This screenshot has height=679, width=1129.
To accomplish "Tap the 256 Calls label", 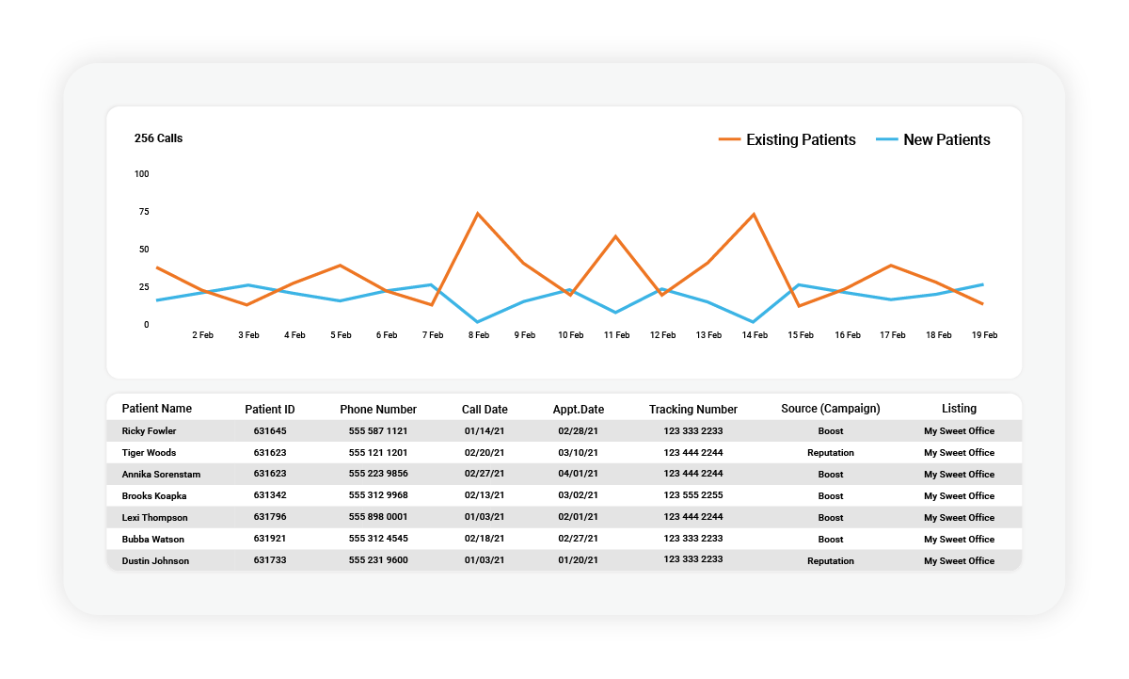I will [158, 138].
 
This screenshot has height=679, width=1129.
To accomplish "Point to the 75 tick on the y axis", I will [143, 212].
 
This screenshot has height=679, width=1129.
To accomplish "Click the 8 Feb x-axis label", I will [478, 335].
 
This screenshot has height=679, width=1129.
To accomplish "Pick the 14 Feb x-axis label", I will [754, 335].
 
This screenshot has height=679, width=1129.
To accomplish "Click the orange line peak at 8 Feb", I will [478, 214].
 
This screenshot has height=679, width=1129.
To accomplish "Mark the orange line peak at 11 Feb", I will [615, 236].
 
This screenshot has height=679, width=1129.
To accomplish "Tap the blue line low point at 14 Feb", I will [753, 322].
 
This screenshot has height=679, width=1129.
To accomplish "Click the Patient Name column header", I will [156, 409].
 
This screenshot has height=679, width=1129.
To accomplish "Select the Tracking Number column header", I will [692, 410].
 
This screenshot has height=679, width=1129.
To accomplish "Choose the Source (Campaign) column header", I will [830, 409].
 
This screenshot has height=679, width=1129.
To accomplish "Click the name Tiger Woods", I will [149, 453].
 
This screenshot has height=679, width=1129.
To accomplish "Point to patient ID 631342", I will [270, 496].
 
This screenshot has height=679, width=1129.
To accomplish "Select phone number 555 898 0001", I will [378, 518].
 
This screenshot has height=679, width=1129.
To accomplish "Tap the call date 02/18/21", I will [485, 540].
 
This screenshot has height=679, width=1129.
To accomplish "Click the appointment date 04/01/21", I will [578, 475].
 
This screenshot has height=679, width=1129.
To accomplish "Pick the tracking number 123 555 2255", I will [693, 496].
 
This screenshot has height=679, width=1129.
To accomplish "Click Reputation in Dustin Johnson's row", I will [830, 561].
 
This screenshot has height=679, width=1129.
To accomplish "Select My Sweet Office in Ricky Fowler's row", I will [959, 431].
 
